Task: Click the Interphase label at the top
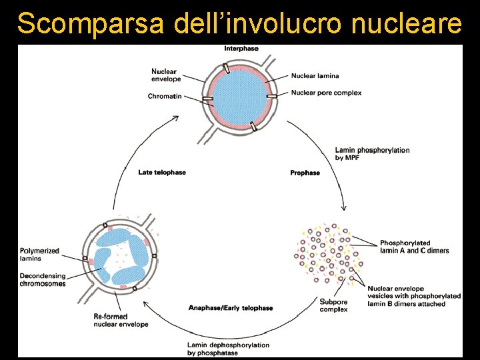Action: (x=241, y=49)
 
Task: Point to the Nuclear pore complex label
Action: (x=326, y=93)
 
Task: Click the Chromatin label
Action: (x=165, y=96)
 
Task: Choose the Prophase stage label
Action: (x=305, y=173)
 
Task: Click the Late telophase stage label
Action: (x=162, y=172)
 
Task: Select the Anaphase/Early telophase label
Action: (x=231, y=308)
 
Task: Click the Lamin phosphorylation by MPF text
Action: (x=372, y=154)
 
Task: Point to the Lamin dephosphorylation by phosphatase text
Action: (x=228, y=349)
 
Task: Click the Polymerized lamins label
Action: (x=39, y=255)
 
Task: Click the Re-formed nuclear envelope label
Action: (x=121, y=320)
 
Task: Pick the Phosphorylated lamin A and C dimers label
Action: (x=414, y=247)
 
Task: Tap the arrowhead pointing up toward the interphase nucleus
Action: (x=176, y=119)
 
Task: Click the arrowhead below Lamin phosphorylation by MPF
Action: (x=343, y=205)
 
